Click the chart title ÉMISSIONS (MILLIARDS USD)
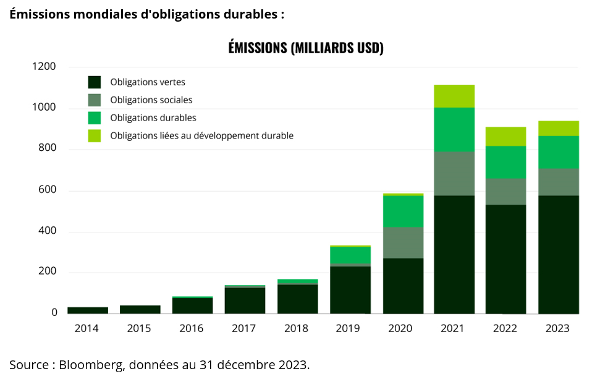pyautogui.click(x=306, y=48)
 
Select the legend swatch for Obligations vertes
pyautogui.click(x=95, y=82)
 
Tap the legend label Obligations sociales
pyautogui.click(x=151, y=100)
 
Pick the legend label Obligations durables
pyautogui.click(x=153, y=117)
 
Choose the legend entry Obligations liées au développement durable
pyautogui.click(x=201, y=135)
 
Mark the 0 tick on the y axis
pyautogui.click(x=54, y=313)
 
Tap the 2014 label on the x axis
pyautogui.click(x=87, y=329)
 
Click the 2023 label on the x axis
pyautogui.click(x=557, y=329)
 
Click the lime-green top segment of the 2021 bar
pyautogui.click(x=454, y=96)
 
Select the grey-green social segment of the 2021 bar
pyautogui.click(x=454, y=173)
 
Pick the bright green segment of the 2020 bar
pyautogui.click(x=403, y=211)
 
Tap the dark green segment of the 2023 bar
pyautogui.click(x=558, y=254)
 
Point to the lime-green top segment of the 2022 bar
pyautogui.click(x=505, y=136)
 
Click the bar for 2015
pyautogui.click(x=140, y=309)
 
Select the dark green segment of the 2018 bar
pyautogui.click(x=297, y=299)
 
